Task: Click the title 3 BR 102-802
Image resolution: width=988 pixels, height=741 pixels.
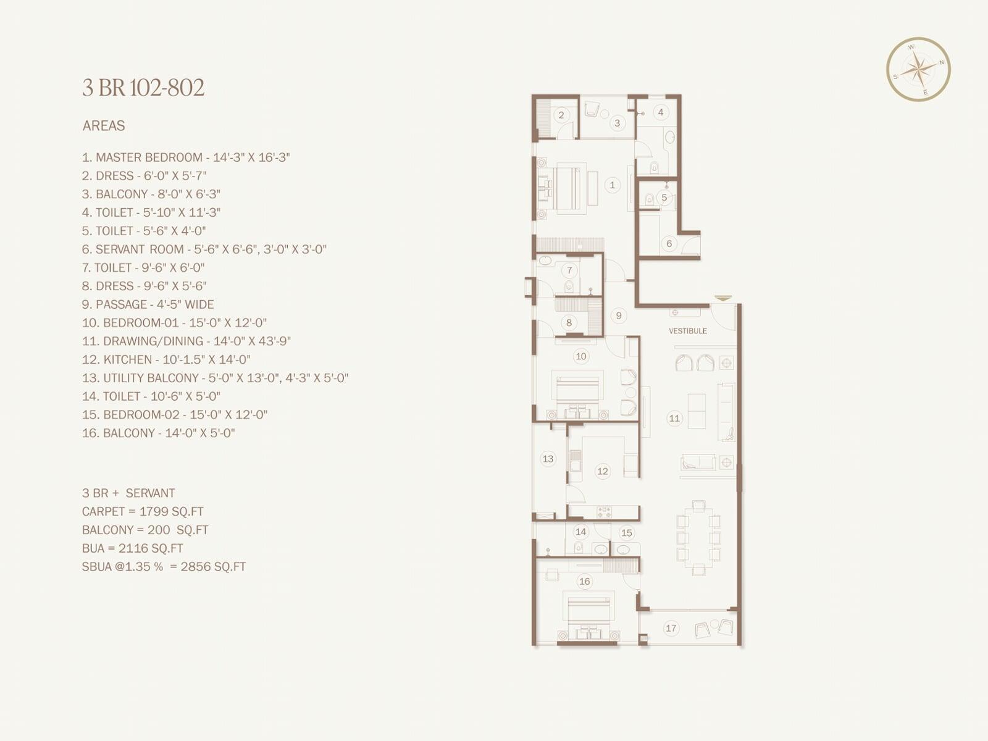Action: point(144,87)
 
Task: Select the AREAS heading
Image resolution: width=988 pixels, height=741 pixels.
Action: point(104,125)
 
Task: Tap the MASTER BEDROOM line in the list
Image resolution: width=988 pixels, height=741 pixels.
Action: point(186,157)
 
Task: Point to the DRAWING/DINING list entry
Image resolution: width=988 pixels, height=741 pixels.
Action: point(186,341)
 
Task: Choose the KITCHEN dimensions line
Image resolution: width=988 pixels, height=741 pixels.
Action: point(166,359)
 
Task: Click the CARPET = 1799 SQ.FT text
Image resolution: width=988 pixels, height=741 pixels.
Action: point(143,511)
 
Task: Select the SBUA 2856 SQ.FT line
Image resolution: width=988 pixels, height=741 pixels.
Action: point(164,566)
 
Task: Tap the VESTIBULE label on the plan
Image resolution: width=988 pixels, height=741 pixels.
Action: point(688,331)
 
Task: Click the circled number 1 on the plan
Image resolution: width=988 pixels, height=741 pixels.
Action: point(612,185)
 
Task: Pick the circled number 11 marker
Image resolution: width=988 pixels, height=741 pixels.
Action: point(674,419)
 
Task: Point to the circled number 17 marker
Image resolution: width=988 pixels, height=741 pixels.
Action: point(671,628)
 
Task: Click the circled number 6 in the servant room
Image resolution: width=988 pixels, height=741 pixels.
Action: point(669,243)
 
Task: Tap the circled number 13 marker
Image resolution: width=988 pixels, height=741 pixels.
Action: point(548,459)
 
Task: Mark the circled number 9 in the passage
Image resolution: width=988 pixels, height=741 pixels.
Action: point(619,316)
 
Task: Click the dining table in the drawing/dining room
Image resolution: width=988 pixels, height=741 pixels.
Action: point(698,538)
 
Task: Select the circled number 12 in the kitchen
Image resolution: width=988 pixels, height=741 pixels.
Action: point(602,471)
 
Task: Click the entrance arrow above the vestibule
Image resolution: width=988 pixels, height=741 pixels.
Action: point(723,298)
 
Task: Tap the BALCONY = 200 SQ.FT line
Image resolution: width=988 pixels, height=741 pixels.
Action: point(145,530)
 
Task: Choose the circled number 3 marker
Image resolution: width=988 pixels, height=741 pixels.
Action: point(617,123)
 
